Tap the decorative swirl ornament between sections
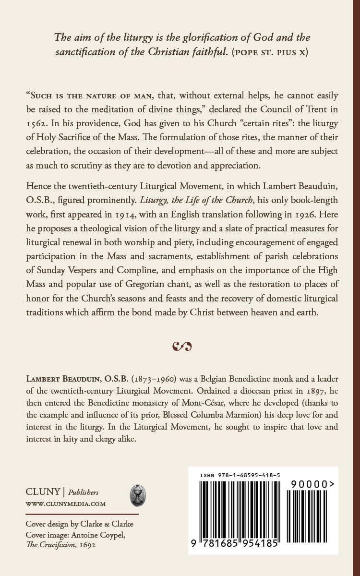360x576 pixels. (181, 345)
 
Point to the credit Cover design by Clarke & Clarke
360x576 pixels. (79, 524)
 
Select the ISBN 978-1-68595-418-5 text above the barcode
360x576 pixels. (240, 475)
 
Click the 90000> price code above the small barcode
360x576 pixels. (312, 485)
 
